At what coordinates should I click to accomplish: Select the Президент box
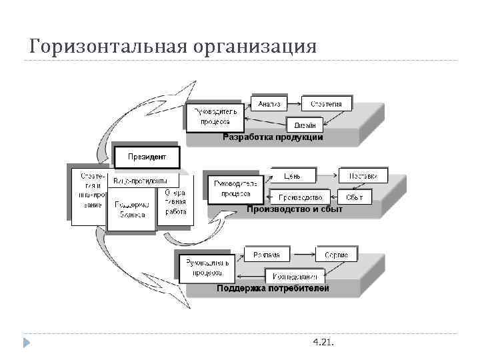[147, 158]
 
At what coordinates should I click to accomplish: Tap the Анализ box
[269, 104]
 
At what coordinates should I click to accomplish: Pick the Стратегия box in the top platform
[326, 104]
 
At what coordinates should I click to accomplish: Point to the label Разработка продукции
[273, 137]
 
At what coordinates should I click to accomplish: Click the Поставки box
[363, 176]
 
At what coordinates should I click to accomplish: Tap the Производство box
[300, 197]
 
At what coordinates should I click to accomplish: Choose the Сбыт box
[355, 197]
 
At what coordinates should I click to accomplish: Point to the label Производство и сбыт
[294, 209]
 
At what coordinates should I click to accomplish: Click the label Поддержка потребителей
[272, 289]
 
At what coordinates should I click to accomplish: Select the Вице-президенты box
[145, 181]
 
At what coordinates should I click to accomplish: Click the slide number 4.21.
[323, 342]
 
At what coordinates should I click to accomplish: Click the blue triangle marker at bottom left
[26, 343]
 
